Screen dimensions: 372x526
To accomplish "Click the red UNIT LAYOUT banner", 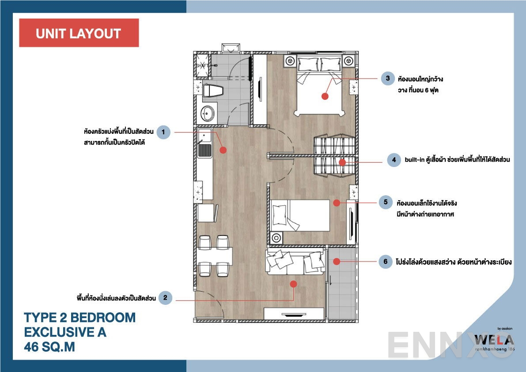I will click(x=79, y=33).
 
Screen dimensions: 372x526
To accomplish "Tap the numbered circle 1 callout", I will click(x=163, y=132).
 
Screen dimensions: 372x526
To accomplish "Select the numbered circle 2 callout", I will click(x=165, y=298).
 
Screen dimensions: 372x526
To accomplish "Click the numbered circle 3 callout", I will click(x=388, y=79).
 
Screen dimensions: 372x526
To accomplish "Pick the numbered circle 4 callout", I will click(x=394, y=160).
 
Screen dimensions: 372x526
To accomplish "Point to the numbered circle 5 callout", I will click(x=386, y=202).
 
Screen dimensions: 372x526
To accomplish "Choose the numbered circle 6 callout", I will click(x=386, y=262).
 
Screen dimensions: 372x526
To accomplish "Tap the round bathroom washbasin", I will click(x=206, y=113).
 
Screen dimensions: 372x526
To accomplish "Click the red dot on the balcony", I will click(x=336, y=262).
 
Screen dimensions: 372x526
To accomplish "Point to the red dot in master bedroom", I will click(x=325, y=96).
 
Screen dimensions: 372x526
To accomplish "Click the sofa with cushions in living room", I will click(x=294, y=261).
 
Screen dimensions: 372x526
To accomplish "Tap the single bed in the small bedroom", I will click(x=300, y=215).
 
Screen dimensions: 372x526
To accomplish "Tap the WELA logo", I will click(x=494, y=340).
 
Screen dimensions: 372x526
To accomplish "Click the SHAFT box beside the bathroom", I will click(x=202, y=65).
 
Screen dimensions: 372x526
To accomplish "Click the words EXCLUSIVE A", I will click(x=65, y=332).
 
